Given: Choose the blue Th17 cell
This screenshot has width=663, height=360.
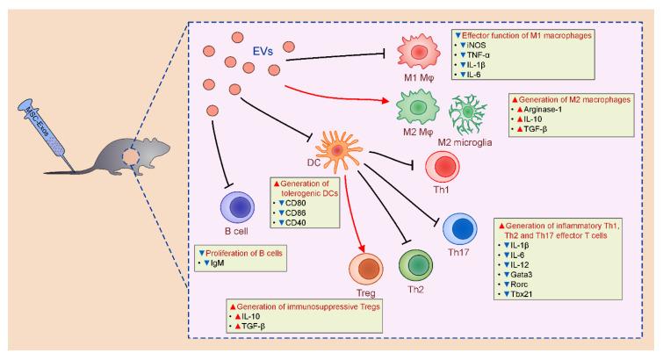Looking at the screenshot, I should click(x=462, y=228).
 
